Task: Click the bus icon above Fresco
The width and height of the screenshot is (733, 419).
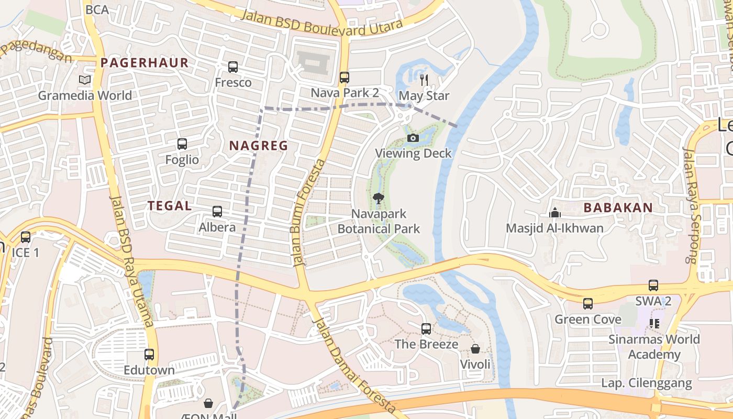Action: [x=233, y=67]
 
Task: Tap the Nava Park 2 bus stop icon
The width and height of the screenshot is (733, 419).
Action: [x=344, y=78]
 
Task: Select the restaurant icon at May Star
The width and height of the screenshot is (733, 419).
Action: [x=424, y=80]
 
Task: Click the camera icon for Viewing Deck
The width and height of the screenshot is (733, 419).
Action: [x=413, y=138]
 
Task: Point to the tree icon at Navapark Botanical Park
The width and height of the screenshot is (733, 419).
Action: [x=378, y=198]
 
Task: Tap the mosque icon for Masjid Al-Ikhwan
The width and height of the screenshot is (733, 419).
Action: [x=554, y=213]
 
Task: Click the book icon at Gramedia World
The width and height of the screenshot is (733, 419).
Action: [x=85, y=80]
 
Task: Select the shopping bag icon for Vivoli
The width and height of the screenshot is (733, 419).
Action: [x=475, y=348]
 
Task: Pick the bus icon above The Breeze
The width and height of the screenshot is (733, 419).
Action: [x=426, y=329]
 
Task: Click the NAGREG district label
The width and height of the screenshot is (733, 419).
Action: [x=259, y=146]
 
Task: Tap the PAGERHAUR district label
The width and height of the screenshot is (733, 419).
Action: [x=145, y=63]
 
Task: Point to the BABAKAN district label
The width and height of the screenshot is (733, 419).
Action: [x=618, y=207]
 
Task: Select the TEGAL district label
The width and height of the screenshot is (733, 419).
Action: [x=170, y=206]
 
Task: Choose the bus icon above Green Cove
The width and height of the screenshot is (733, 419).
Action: [x=588, y=304]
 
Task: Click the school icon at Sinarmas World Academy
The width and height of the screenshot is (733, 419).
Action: [x=654, y=324]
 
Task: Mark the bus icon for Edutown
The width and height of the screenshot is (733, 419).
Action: [x=149, y=355]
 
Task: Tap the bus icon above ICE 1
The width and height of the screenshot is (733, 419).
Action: [x=26, y=237]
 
